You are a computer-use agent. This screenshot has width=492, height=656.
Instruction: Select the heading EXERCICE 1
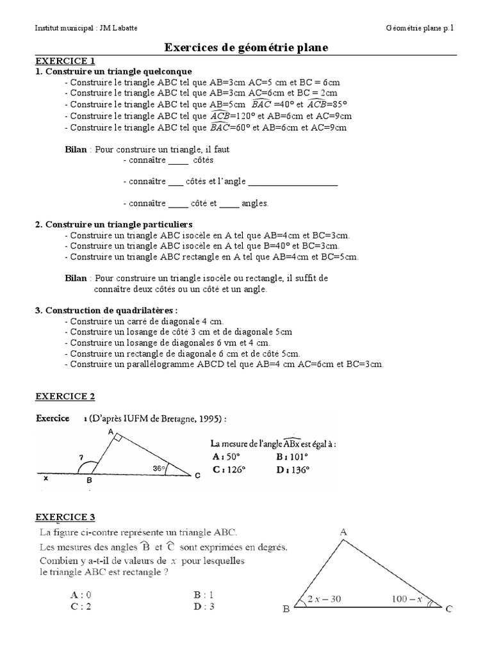click(x=65, y=61)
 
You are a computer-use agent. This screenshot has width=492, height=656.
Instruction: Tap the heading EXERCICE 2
click(x=65, y=396)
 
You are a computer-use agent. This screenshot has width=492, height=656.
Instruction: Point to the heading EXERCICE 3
click(x=65, y=517)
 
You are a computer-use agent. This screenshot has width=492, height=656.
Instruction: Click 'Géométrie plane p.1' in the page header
click(x=423, y=28)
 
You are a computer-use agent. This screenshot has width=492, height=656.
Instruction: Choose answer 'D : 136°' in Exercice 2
click(x=292, y=469)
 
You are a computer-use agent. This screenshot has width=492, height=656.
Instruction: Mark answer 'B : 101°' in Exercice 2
click(x=292, y=457)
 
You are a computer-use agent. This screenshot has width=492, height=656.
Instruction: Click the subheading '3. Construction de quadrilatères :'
click(x=106, y=311)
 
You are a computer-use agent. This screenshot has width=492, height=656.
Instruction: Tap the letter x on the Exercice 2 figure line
click(x=45, y=478)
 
